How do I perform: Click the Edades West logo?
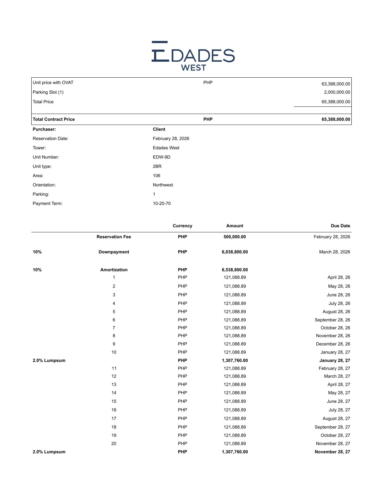193,56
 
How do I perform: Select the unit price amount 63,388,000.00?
336,84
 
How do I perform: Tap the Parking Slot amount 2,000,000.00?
337,92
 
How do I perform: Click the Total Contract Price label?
54,119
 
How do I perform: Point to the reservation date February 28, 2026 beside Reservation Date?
171,139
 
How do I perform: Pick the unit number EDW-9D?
161,157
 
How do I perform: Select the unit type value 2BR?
157,167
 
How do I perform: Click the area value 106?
156,176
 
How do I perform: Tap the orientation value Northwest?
163,185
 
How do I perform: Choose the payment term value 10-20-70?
162,204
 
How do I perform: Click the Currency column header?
182,226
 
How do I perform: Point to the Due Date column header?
340,226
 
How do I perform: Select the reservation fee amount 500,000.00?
235,237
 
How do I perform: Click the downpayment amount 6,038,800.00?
235,252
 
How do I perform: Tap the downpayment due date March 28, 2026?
334,252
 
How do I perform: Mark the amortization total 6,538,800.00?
235,270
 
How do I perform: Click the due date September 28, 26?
332,320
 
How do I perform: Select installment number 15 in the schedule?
114,401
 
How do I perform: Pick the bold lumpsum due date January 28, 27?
335,361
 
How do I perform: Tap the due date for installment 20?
333,444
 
